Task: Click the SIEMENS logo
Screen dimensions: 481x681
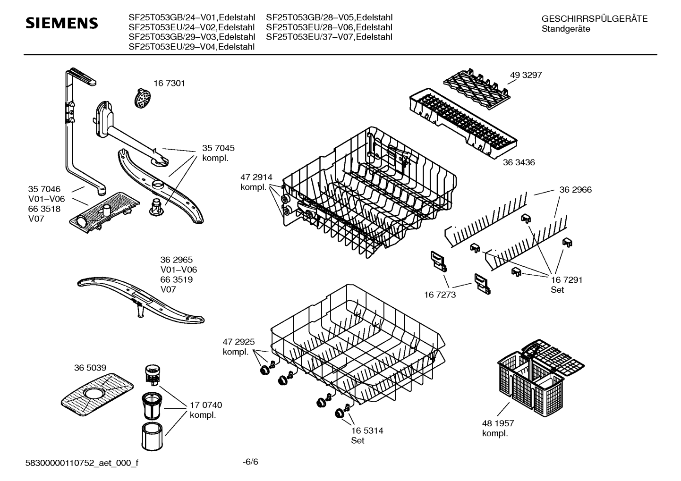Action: (x=61, y=23)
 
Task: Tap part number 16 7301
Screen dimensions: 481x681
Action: (x=170, y=83)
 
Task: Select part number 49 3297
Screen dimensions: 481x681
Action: (x=526, y=75)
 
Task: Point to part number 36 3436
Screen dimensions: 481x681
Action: (x=519, y=162)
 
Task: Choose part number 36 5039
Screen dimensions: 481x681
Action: (x=90, y=368)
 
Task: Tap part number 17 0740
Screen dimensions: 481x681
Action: (x=206, y=405)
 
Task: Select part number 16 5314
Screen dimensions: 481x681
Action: (x=367, y=430)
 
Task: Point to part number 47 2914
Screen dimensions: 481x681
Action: (x=256, y=177)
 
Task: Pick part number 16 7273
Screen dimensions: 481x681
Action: (x=440, y=295)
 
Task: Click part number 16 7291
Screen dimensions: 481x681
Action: (x=566, y=279)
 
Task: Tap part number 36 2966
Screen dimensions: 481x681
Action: (x=575, y=190)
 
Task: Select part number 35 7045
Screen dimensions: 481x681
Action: (x=218, y=148)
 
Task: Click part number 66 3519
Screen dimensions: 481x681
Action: (x=177, y=279)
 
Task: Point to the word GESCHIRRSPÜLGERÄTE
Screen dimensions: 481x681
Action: (x=595, y=19)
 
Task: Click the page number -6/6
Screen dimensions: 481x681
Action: (x=250, y=461)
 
